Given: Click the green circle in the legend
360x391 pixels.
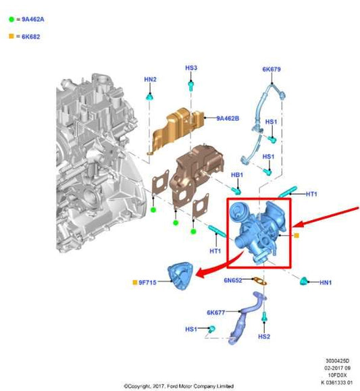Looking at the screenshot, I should point(11,21).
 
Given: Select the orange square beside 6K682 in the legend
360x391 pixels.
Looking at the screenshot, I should point(11,36).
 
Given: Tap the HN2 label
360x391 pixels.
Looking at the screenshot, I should point(150,80).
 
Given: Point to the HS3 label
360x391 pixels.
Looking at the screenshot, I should point(191,68).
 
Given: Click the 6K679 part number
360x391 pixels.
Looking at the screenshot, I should point(272,70).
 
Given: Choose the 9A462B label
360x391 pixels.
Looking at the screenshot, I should point(228,118).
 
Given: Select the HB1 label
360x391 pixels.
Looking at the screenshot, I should point(236,175).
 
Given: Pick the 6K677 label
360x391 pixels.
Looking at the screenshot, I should point(217,313).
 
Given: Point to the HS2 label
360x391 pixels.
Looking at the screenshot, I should point(265,336).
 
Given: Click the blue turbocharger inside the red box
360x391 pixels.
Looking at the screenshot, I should point(257,230).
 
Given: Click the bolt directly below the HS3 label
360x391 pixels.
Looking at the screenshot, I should point(192,86).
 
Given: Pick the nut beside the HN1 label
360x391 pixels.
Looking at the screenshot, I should point(306,280).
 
